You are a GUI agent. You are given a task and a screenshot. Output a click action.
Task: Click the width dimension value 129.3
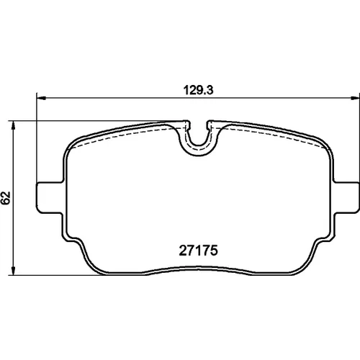[198, 90]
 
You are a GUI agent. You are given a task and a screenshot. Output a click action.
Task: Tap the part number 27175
[198, 251]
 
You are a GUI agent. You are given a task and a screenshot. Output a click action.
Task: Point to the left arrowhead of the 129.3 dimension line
[41, 98]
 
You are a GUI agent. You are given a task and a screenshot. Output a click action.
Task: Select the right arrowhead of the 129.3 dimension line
[355, 98]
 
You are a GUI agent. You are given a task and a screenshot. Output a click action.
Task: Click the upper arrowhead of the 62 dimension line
[14, 125]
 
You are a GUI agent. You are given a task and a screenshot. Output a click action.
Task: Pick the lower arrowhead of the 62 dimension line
[14, 270]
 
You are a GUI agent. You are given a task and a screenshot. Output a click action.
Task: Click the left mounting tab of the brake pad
[50, 197]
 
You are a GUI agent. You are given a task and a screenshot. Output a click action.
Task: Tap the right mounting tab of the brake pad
[346, 197]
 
